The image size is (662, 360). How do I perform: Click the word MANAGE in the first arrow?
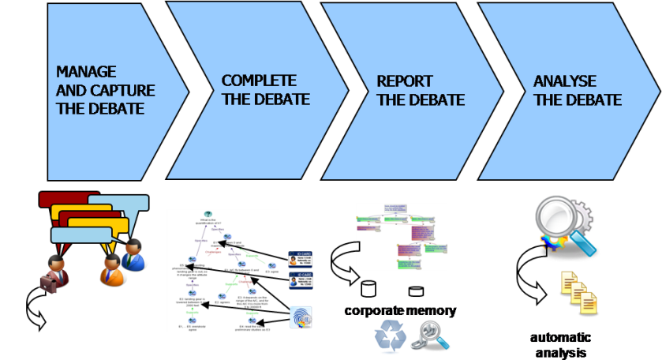(86, 71)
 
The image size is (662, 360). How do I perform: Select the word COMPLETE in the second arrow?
(259, 81)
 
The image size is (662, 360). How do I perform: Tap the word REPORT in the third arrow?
(405, 81)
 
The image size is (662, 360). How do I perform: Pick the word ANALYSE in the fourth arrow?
(565, 81)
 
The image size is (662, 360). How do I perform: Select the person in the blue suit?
(133, 254)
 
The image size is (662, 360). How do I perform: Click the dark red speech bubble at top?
(67, 199)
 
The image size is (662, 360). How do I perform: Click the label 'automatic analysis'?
(561, 343)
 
